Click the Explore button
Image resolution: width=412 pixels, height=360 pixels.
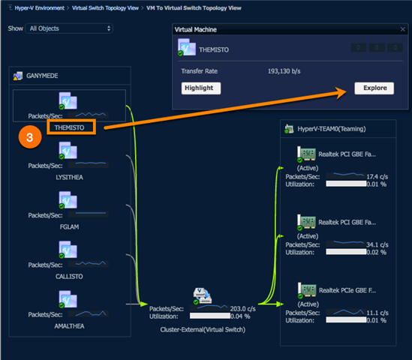374,88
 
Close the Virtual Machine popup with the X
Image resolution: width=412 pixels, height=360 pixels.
402,29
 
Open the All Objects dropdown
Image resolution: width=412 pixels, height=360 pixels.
69,28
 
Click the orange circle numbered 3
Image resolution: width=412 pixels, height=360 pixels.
30,137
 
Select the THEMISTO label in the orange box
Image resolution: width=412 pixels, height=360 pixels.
69,127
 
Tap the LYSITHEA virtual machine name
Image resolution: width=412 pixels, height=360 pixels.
69,177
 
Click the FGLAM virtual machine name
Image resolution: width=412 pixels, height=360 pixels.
69,226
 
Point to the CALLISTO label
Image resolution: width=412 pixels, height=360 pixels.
69,277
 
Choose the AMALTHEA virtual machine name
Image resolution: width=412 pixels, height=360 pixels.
69,326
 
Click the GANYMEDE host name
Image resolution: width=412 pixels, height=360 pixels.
42,76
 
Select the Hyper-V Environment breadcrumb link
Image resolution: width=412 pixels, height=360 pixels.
40,8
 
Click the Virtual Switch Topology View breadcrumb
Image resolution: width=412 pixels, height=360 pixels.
105,8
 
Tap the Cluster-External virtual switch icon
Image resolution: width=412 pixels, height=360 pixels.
203,296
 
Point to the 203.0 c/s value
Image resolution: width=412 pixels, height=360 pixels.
243,309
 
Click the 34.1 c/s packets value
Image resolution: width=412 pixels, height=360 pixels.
377,244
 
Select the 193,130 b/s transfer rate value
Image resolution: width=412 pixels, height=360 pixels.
284,71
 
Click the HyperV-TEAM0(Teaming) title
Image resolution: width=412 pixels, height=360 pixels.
332,129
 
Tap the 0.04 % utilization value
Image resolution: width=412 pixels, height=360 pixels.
240,316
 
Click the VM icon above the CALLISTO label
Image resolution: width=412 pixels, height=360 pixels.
68,250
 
